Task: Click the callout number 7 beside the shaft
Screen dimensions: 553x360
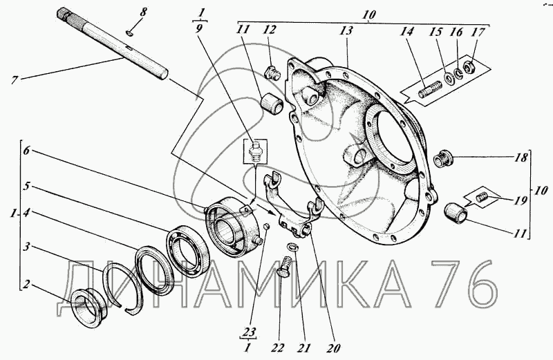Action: [14, 80]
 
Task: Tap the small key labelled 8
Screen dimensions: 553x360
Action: [129, 33]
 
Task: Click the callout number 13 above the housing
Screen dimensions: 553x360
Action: [346, 30]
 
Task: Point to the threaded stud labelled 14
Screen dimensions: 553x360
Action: [430, 90]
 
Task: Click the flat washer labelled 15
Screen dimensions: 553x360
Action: [449, 77]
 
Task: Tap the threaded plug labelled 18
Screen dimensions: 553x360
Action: [443, 159]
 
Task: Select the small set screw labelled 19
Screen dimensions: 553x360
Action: [482, 198]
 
